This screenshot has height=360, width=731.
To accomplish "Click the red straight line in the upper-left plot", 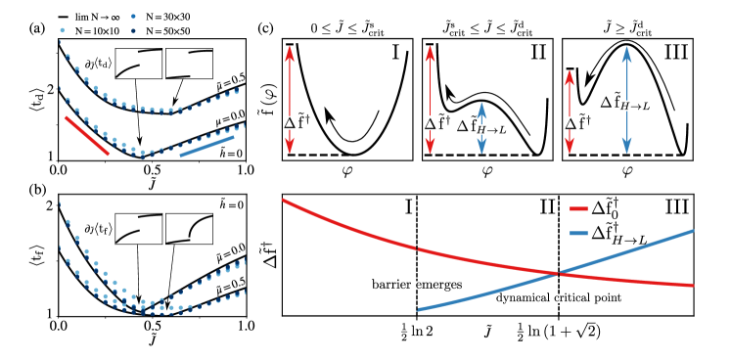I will click(87, 136).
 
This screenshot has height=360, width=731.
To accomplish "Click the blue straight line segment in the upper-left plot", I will click(206, 146).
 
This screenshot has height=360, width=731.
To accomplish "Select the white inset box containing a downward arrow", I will click(141, 142).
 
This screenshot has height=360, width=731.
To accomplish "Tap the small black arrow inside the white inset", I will click(140, 137).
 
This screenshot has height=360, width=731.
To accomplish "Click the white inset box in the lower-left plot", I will click(138, 229).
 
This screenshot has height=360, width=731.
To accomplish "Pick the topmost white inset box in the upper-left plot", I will click(189, 64).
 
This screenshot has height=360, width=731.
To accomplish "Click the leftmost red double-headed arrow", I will click(290, 100).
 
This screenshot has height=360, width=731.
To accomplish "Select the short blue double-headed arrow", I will click(481, 128).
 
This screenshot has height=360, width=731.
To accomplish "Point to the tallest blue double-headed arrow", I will click(626, 100).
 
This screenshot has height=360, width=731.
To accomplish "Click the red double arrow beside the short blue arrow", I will click(430, 100).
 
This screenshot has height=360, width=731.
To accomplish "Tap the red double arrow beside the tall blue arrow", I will click(570, 112).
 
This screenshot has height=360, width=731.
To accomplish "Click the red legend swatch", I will click(578, 208).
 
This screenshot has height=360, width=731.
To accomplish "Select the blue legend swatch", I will click(578, 233).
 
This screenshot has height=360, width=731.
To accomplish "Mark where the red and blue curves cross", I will click(558, 274).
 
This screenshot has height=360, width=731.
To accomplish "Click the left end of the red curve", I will click(284, 200).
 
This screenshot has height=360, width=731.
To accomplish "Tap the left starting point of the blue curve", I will click(419, 310).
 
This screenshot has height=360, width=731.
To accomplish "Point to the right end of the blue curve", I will click(693, 231).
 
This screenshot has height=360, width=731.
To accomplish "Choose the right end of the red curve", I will click(693, 286).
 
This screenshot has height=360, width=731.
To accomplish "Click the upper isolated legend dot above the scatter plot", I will click(133, 17).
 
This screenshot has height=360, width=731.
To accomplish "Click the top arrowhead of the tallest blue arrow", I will click(626, 53).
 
